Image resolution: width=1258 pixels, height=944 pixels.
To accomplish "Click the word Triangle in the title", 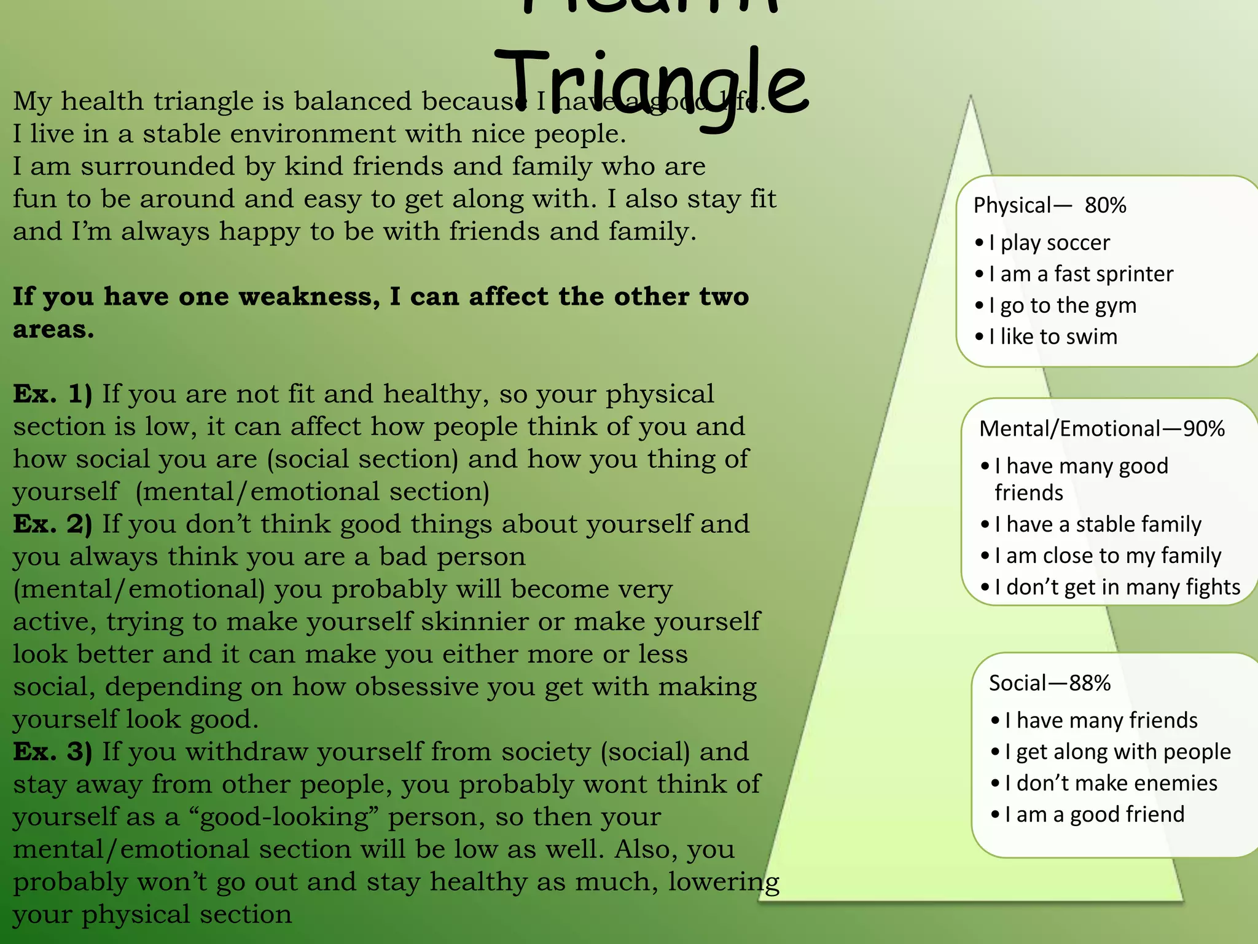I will (x=651, y=86).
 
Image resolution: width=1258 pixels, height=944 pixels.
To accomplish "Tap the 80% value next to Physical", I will (x=1105, y=205).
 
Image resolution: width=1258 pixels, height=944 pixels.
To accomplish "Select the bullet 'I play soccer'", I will (x=1049, y=243).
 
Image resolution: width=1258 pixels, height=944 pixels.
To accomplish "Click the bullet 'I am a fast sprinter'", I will (x=1080, y=274).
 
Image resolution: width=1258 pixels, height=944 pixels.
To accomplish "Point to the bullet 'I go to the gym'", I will (x=1062, y=305).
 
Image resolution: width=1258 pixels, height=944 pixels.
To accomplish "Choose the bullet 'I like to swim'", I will (x=1053, y=337).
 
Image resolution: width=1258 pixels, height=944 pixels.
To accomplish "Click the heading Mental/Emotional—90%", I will (x=1101, y=428).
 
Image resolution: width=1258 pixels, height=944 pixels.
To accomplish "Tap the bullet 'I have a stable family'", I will (x=1098, y=524).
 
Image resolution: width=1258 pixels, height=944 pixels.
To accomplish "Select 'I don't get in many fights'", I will (x=1117, y=587).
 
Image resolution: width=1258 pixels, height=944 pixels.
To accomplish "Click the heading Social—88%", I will (x=1049, y=683).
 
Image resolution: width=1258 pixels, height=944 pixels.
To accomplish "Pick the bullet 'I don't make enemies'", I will (x=1111, y=783).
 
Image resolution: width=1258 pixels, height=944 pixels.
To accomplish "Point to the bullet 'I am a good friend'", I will (x=1094, y=814).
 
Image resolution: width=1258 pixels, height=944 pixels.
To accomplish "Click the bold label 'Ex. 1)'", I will (x=52, y=394).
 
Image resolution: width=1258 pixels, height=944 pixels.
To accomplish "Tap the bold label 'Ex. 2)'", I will (x=52, y=524).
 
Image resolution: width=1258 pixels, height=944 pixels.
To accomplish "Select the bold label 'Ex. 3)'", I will (x=52, y=752).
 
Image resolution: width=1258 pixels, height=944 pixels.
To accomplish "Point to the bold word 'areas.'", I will (x=53, y=329).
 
